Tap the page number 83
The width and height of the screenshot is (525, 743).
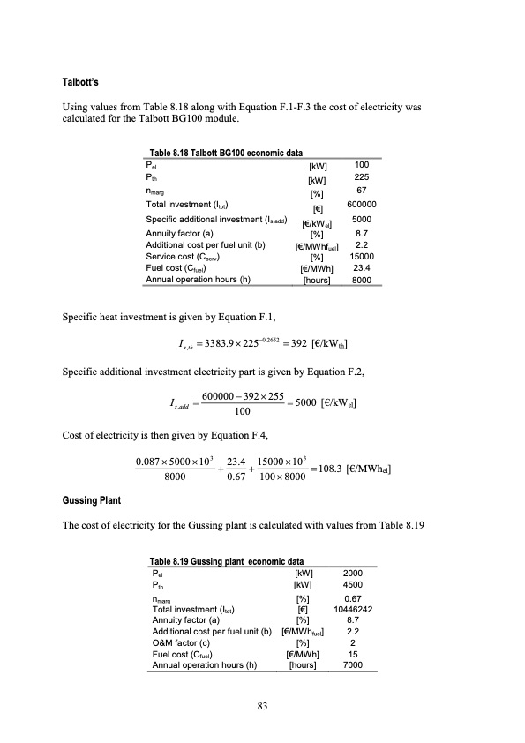[262, 705]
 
